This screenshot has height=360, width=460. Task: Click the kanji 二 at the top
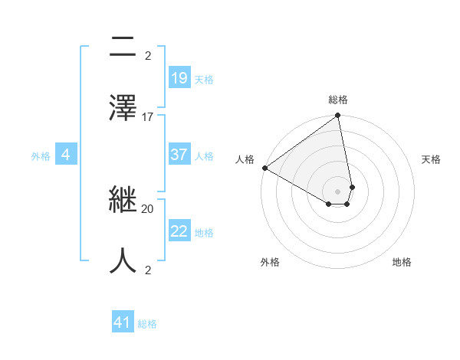pos(123,48)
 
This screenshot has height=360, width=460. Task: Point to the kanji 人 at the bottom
pos(123,259)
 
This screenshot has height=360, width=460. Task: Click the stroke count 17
pos(148,117)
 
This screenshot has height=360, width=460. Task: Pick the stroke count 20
pos(148,208)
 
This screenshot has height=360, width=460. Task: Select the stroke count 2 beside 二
pos(148,55)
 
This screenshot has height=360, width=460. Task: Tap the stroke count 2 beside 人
pos(148,270)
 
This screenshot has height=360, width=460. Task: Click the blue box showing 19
pos(179,78)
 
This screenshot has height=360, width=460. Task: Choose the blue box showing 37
pos(179,155)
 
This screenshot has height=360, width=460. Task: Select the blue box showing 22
pos(179,231)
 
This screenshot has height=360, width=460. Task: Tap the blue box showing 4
pos(66,155)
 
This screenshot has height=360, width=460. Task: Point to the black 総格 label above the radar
pos(338,100)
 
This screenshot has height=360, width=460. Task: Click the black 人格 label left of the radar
pos(245,159)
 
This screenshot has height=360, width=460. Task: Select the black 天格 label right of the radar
pos(431,159)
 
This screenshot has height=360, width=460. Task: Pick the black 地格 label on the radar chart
pos(402,262)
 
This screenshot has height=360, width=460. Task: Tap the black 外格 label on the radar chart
pos(270,262)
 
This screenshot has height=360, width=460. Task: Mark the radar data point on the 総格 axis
pos(338,116)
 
